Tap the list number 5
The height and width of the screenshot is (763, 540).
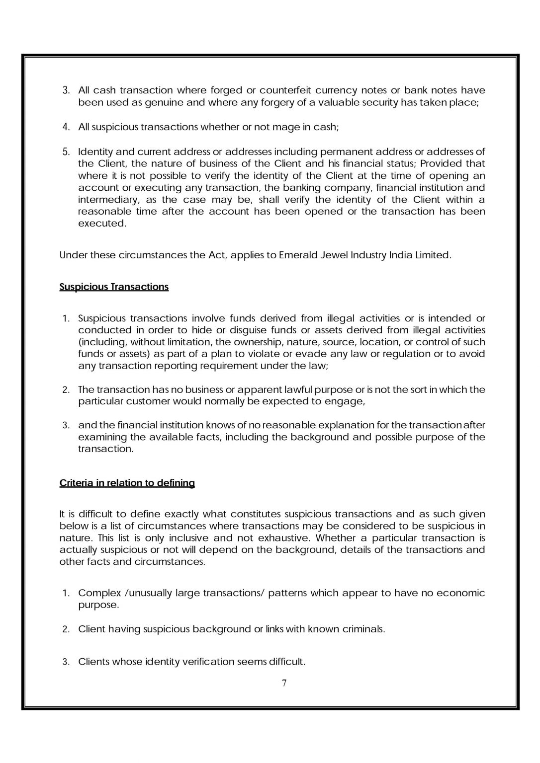66,152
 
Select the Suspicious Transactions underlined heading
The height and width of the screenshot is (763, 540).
114,287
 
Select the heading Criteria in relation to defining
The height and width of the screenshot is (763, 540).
127,483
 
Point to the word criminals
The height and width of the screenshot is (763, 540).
363,629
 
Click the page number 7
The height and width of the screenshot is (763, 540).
284,683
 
